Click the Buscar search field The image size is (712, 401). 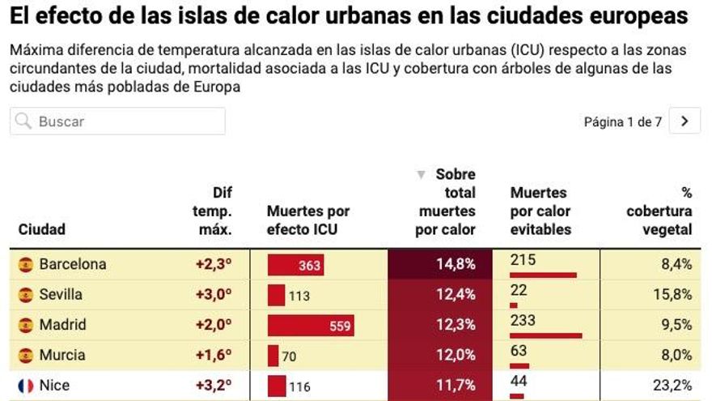point(117,122)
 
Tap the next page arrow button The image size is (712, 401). point(685,122)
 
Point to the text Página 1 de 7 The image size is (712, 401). point(622,122)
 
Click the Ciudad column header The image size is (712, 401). point(41,229)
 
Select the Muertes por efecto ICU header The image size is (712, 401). point(308,220)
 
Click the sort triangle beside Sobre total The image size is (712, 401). point(420,175)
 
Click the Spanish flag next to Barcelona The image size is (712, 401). point(26,264)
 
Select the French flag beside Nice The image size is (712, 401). point(26,386)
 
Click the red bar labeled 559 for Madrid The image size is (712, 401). point(311,326)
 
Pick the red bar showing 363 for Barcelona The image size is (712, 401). point(296,265)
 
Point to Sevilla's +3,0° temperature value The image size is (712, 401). point(214,294)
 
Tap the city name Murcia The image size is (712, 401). point(61,355)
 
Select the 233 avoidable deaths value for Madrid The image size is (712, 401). point(523,321)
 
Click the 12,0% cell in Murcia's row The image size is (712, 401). point(455,355)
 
